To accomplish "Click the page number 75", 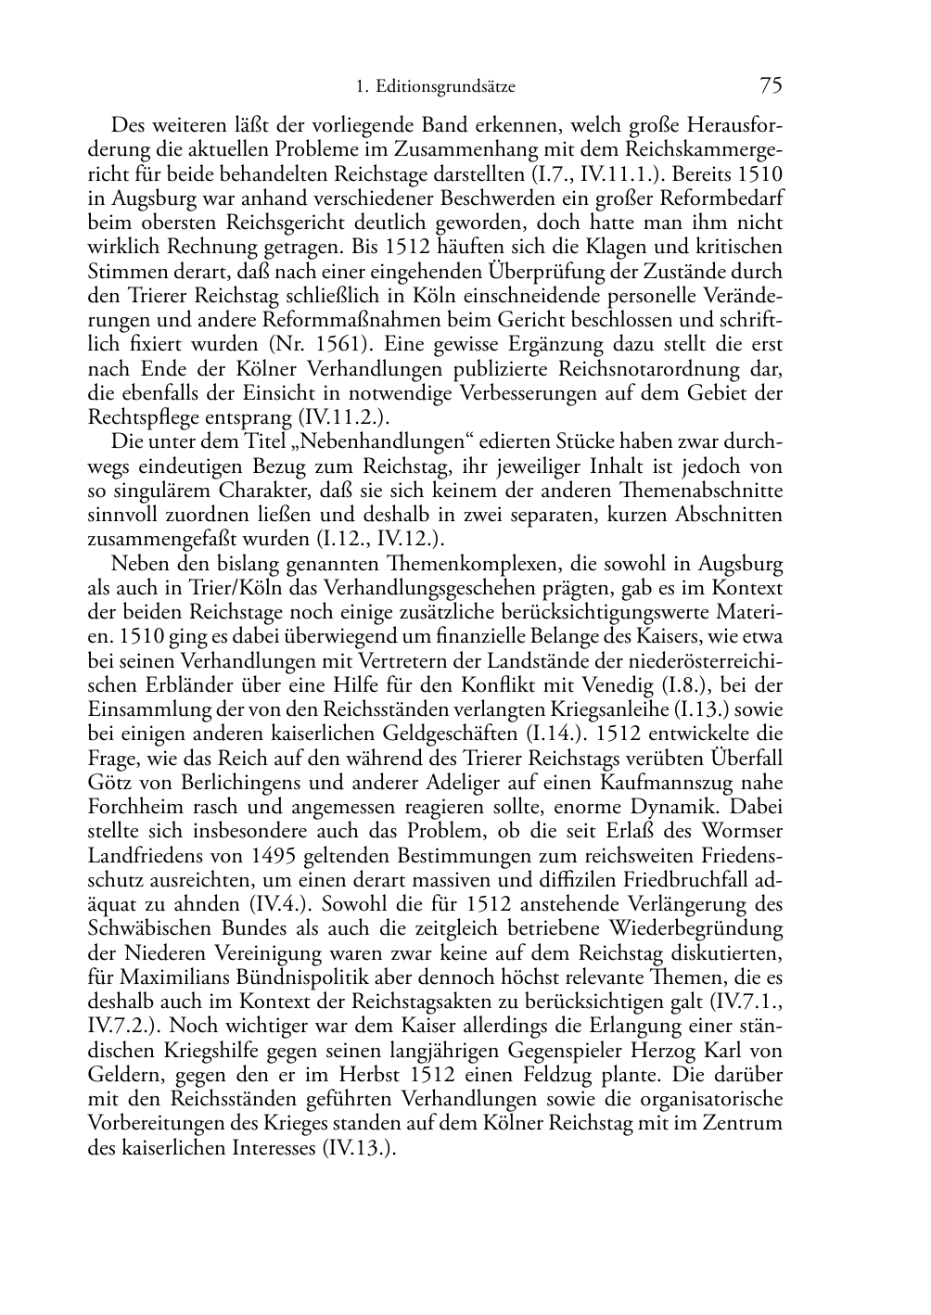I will click(771, 86).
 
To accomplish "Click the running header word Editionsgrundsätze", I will click(448, 88).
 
